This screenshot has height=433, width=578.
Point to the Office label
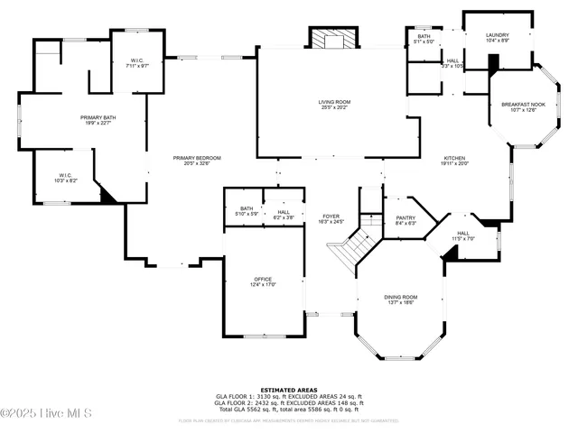263,281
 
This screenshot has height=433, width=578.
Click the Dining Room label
402,299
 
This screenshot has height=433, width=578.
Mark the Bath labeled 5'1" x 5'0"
424,39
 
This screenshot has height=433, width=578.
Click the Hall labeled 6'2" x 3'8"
284,215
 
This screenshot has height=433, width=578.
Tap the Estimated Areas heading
289,390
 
